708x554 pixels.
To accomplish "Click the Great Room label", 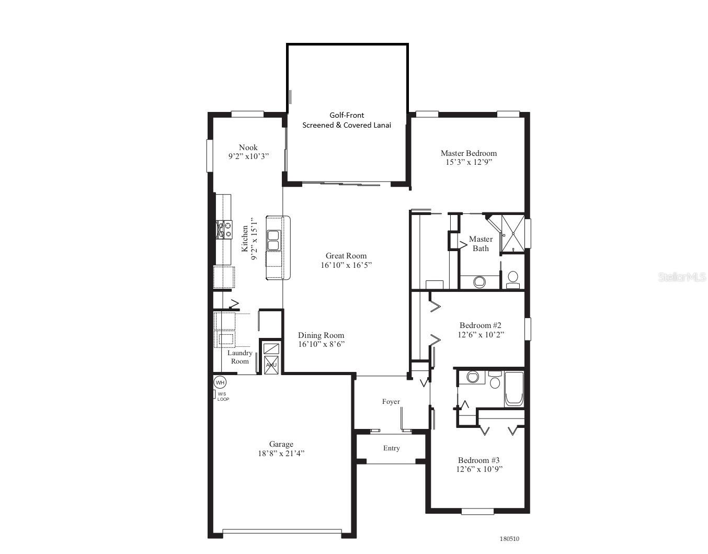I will pos(346,256).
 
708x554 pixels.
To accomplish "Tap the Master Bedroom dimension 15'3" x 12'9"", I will pos(469,162).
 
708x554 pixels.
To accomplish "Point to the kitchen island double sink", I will pos(273,240).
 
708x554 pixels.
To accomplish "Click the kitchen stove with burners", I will pos(224,230).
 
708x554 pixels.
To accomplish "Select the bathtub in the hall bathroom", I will pos(514,389).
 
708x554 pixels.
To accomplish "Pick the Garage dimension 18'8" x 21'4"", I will pos(281,454).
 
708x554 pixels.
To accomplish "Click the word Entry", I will pos(391,448).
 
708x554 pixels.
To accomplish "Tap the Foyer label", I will pos(391,402).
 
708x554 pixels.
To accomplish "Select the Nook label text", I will pos(248,148).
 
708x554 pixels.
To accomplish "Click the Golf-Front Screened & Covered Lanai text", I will pos(347,120).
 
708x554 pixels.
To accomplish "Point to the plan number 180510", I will pos(509,539).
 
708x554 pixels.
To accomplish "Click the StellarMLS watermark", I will pos(681,277).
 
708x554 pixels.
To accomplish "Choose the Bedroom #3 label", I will pos(478,460).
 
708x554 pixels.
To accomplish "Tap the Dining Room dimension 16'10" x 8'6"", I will pos(321,344).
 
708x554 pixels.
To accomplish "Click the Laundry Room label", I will pos(240,357).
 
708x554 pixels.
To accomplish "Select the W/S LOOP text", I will pos(223,397).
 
